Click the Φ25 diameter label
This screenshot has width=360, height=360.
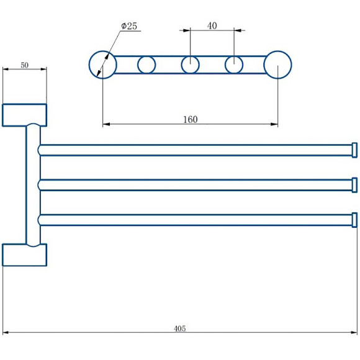pos(129,26)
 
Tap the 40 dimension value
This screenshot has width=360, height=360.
pos(212,25)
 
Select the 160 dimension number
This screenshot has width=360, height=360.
pos(191,119)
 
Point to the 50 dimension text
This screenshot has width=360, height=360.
pos(25,65)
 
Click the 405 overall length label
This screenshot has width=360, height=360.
pos(179,328)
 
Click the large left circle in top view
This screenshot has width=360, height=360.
pos(89,65)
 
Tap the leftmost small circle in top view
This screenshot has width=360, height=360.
pos(138,65)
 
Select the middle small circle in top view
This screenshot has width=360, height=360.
pos(181,65)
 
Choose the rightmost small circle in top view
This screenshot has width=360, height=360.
pos(225,65)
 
